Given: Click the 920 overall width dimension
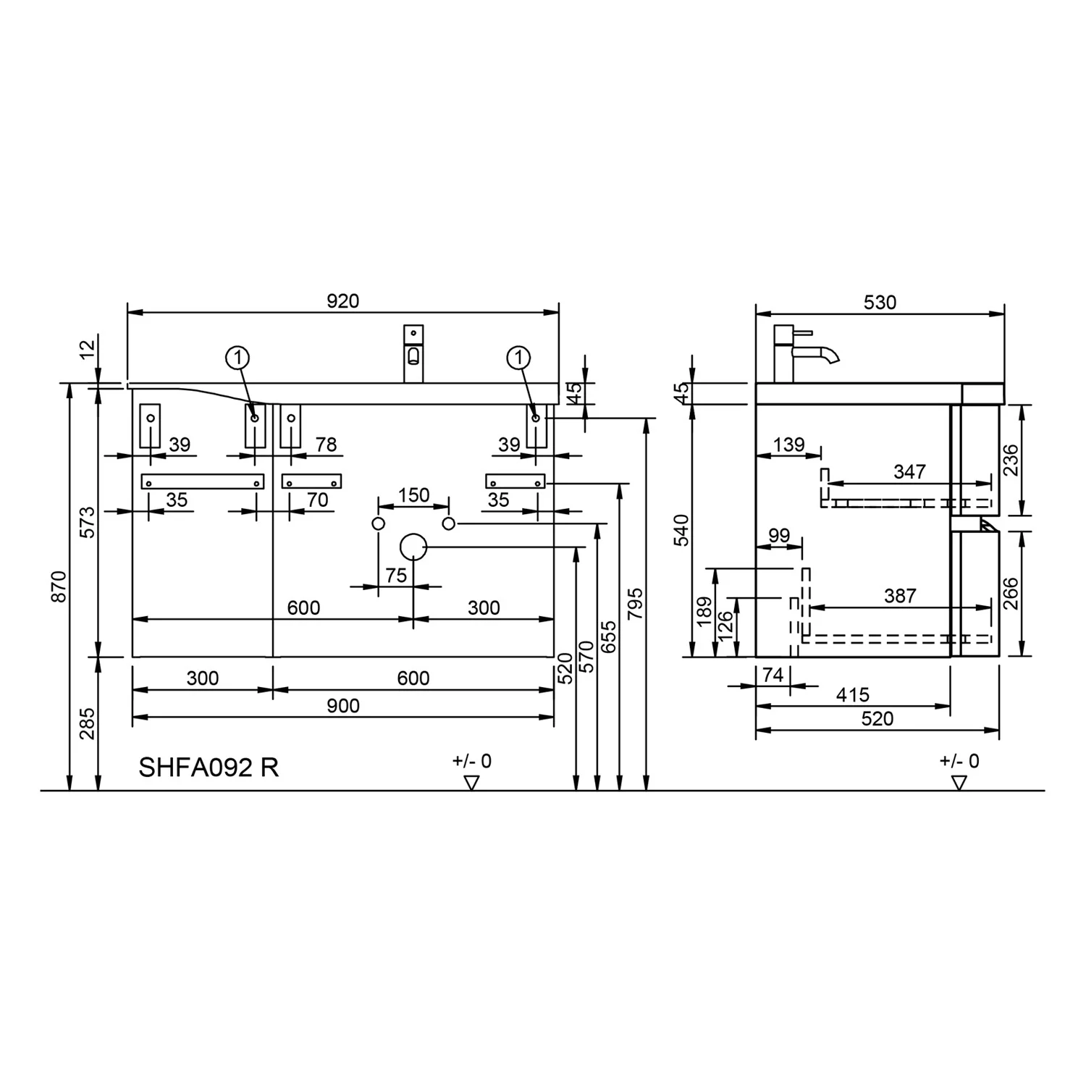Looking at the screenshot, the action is [x=342, y=300].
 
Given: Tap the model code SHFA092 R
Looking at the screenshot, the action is [x=209, y=767].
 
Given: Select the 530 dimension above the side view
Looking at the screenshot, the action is [x=880, y=302].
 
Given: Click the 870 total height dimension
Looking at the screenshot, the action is [x=59, y=586].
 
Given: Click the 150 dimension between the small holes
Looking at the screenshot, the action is [x=414, y=495].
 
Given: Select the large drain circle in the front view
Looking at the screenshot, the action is [x=413, y=547].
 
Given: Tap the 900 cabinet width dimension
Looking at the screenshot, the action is [x=342, y=706].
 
